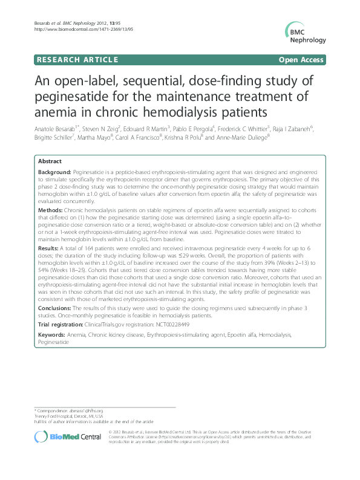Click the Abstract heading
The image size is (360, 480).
pos(50,162)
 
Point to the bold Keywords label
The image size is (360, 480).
pos(53,334)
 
